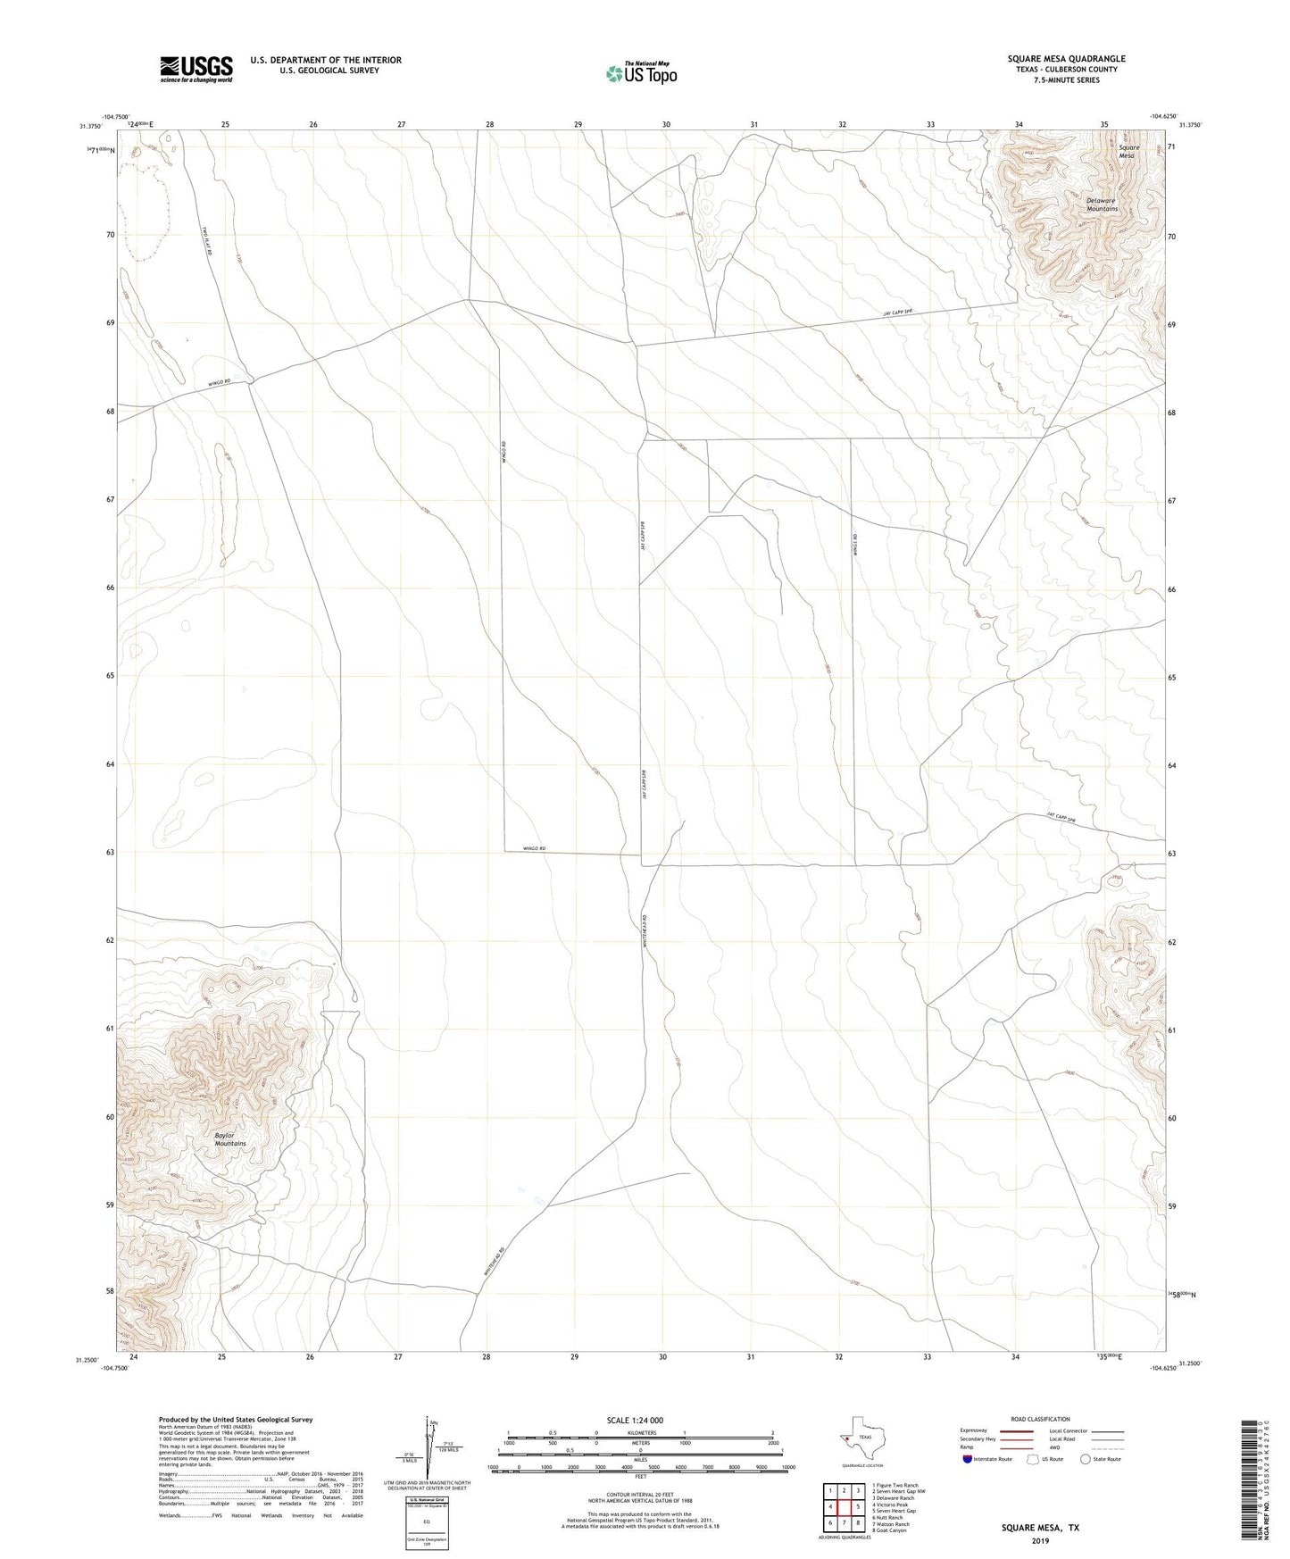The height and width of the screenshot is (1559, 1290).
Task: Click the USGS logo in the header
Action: tap(196, 68)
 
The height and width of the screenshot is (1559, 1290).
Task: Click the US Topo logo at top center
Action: tap(641, 73)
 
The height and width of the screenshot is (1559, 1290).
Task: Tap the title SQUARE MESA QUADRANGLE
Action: tap(1066, 59)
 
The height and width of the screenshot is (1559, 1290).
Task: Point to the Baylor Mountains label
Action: tap(230, 1139)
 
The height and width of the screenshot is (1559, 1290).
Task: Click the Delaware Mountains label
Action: tap(1102, 204)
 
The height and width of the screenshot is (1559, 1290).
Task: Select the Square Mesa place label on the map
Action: tap(1128, 152)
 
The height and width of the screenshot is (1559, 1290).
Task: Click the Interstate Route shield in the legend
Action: tap(969, 1459)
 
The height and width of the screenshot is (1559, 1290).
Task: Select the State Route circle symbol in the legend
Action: tap(1086, 1459)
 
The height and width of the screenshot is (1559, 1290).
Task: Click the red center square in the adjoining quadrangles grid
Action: tap(844, 1507)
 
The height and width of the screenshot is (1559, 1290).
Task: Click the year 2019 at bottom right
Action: tap(1040, 1540)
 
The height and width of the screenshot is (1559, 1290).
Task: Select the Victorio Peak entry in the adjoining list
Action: tap(892, 1505)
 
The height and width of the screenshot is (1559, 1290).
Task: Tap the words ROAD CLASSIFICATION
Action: tap(1040, 1419)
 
